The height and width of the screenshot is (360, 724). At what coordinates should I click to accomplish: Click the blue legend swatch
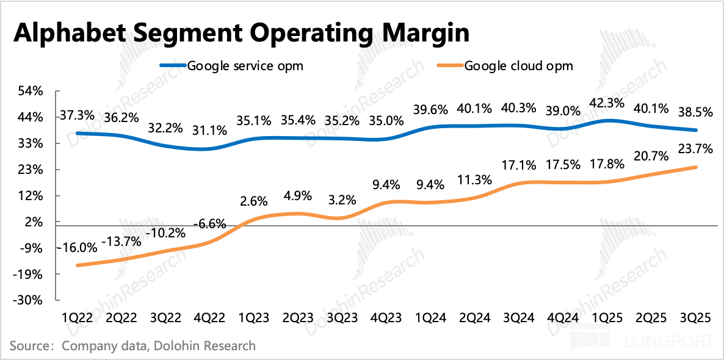[x=173, y=65]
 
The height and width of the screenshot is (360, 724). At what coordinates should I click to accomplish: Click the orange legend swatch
[x=450, y=65]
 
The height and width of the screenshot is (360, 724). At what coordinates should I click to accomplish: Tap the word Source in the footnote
[x=28, y=346]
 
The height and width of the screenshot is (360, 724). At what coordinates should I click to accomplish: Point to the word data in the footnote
[x=132, y=346]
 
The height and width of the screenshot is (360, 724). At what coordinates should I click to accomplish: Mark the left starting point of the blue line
[x=77, y=132]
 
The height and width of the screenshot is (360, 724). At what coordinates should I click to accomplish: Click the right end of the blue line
[x=696, y=130]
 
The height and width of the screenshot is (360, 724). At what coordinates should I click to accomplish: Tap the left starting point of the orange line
[x=77, y=265]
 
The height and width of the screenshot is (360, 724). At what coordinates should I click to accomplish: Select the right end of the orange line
[x=696, y=167]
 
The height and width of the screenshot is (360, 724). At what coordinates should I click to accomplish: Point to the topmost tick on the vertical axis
[x=57, y=91]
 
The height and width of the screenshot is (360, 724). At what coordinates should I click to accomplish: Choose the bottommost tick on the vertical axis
[x=57, y=300]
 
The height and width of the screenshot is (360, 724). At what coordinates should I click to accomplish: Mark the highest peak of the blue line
[x=608, y=120]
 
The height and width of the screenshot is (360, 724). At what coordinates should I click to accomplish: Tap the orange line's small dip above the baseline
[x=339, y=218]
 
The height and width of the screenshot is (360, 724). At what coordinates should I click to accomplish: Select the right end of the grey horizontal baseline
[x=717, y=226]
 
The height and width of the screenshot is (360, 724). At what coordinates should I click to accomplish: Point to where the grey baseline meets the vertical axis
[x=57, y=226]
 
